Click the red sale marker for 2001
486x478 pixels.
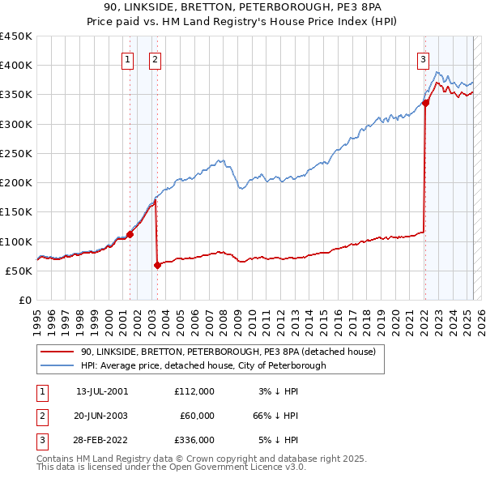(130, 234)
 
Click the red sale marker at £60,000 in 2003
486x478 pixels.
(157, 265)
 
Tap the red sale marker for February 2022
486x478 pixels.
(425, 103)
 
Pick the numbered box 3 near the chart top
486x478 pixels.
(424, 58)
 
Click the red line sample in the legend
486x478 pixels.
(58, 352)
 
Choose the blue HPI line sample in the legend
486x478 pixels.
(58, 366)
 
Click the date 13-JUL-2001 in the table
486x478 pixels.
(102, 391)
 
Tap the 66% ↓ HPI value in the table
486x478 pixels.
(275, 416)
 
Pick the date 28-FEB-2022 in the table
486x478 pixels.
(102, 440)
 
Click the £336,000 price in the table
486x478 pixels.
(194, 440)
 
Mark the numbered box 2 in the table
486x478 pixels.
(41, 416)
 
